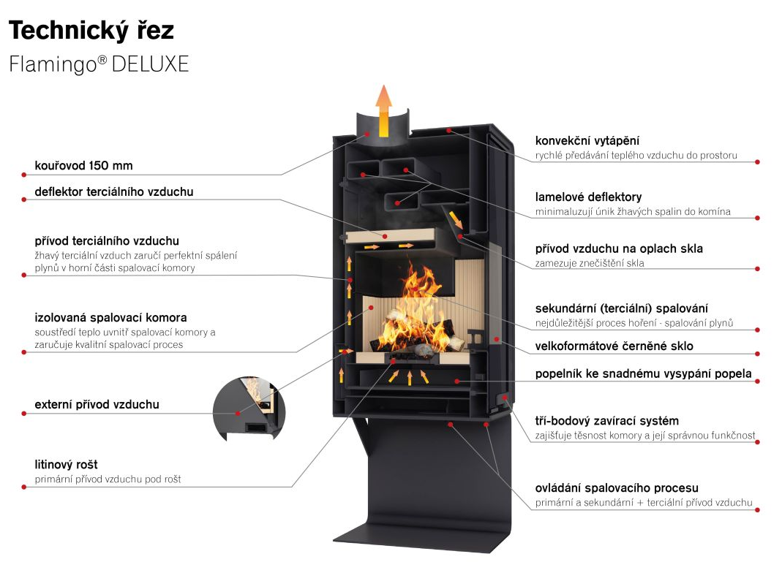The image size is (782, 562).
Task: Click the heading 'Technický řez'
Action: (x=91, y=31)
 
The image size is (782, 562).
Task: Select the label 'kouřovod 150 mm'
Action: (x=83, y=165)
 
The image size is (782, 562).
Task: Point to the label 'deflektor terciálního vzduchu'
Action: (x=114, y=192)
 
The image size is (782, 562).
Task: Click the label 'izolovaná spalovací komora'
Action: (x=110, y=318)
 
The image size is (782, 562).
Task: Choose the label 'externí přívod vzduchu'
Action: (x=97, y=404)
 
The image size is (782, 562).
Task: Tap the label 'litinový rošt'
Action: (x=66, y=465)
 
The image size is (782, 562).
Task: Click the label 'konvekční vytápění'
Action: (x=592, y=140)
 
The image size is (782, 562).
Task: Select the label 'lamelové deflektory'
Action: (x=588, y=197)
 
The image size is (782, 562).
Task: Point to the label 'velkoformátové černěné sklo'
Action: (x=614, y=346)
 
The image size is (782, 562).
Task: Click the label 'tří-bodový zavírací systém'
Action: (x=606, y=421)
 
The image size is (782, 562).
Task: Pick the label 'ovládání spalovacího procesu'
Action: (x=617, y=487)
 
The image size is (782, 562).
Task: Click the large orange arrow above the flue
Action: (x=383, y=110)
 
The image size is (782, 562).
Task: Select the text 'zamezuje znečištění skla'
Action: (x=590, y=263)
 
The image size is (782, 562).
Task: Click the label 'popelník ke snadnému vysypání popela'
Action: (x=643, y=373)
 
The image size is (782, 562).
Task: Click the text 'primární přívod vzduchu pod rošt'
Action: (x=108, y=479)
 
